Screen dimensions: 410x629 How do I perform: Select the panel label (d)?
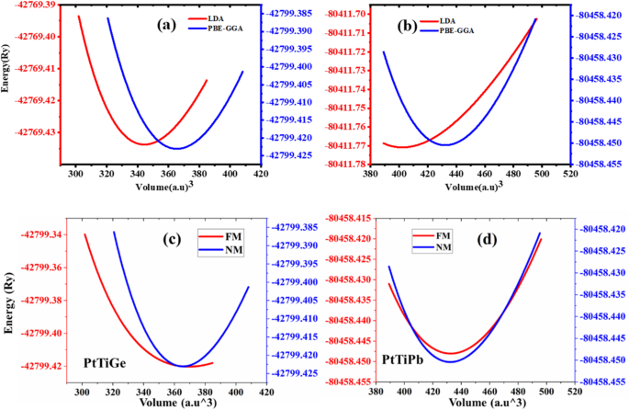click(x=478, y=243)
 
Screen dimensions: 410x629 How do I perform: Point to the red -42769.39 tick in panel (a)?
click(x=29, y=5)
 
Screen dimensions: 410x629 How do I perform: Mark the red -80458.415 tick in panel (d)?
click(x=344, y=218)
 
